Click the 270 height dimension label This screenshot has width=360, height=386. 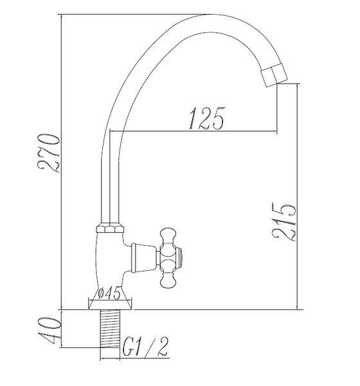click(48, 152)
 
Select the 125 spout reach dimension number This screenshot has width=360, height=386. click(207, 118)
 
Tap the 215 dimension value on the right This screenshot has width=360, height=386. click(283, 223)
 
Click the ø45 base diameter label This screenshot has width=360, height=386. click(109, 293)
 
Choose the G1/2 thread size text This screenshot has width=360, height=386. click(145, 347)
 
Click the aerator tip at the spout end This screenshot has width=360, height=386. click(274, 75)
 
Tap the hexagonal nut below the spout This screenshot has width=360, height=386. click(110, 228)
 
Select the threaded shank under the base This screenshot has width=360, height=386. click(110, 329)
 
